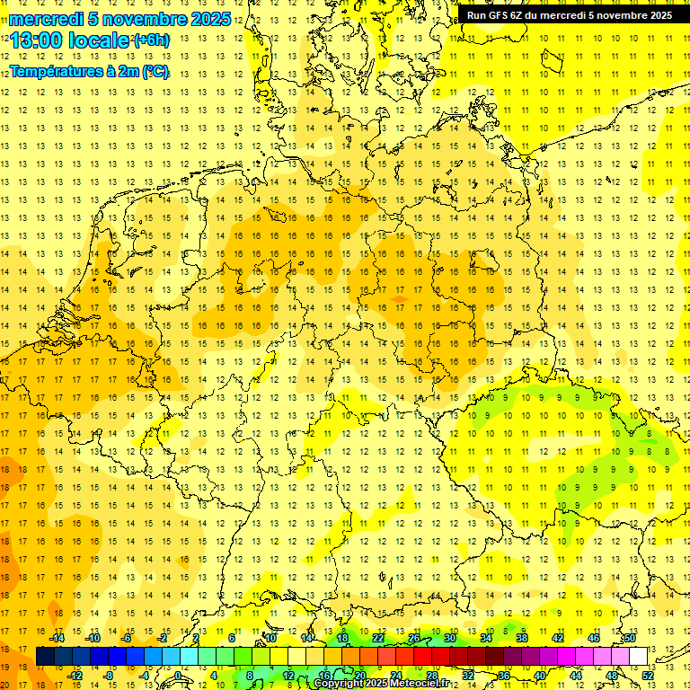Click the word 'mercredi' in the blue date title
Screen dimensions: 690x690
click(x=45, y=19)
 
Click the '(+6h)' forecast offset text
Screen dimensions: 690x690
click(x=150, y=40)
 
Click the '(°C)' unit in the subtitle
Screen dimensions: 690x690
click(x=155, y=72)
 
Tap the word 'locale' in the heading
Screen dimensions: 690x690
click(x=102, y=41)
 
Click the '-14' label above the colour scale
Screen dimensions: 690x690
click(x=57, y=638)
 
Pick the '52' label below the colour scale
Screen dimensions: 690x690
click(x=648, y=676)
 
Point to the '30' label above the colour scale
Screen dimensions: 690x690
click(x=449, y=638)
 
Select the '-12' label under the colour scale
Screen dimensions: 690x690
click(x=75, y=676)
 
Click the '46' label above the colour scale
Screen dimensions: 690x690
click(x=593, y=638)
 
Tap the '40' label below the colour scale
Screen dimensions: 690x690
click(x=539, y=676)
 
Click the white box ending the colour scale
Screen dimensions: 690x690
click(x=638, y=657)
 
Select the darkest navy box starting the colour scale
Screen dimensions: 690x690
click(x=45, y=657)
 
